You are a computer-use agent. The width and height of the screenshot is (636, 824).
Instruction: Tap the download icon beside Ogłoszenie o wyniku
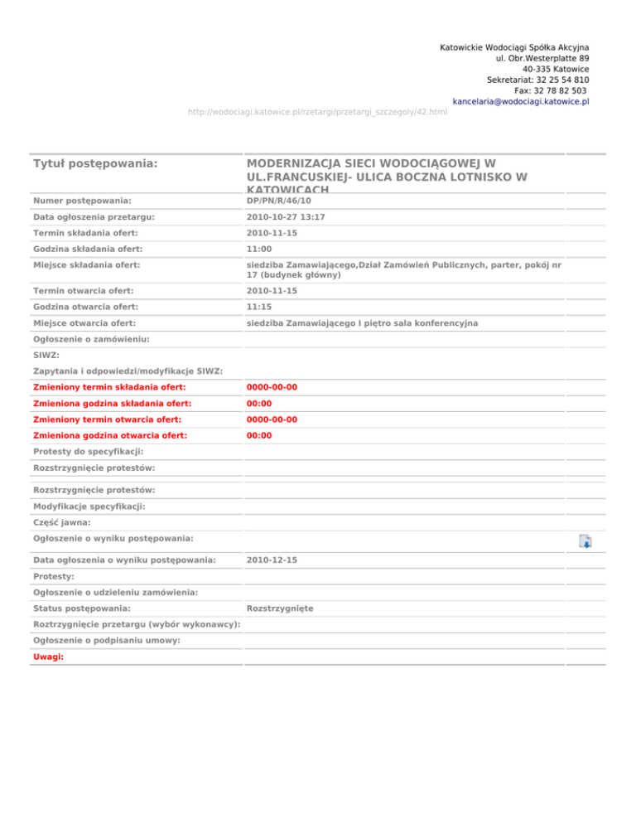[x=585, y=542]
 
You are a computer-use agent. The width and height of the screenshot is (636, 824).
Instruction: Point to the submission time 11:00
[x=259, y=248]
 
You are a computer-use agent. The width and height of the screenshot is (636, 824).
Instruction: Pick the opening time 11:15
[x=259, y=306]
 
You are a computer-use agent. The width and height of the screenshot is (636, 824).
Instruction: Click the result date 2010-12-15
[x=272, y=560]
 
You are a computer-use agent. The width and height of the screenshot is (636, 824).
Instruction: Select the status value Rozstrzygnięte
[x=279, y=609]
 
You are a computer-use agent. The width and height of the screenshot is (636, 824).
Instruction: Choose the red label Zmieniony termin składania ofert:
[x=109, y=387]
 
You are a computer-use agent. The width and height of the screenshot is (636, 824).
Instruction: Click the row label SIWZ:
[x=46, y=354]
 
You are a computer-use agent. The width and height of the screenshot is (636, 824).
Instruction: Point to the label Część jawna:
[x=63, y=522]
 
